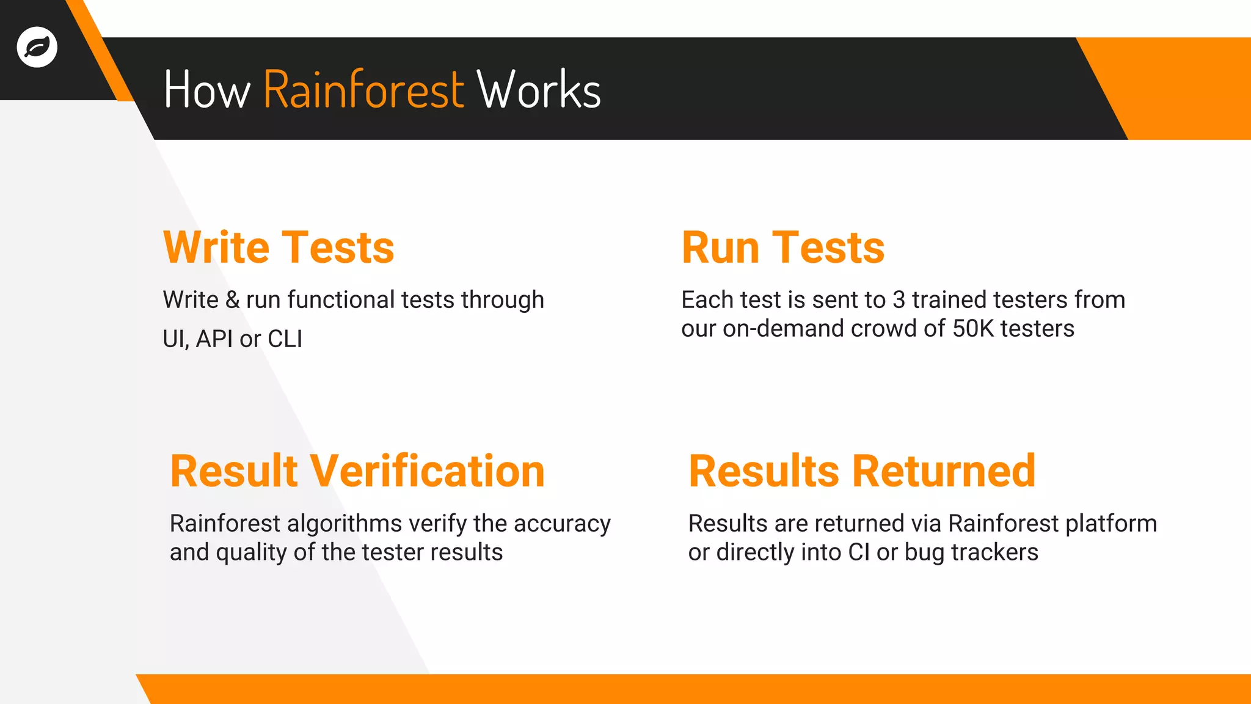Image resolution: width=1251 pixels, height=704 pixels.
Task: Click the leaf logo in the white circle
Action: click(37, 47)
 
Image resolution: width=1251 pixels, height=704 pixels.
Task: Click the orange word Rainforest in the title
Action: click(363, 90)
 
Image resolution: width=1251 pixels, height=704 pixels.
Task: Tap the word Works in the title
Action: click(539, 90)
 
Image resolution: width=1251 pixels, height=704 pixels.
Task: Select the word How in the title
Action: click(207, 90)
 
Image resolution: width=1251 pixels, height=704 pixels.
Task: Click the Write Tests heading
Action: click(279, 248)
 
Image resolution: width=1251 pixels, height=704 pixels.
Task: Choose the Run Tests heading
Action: click(782, 248)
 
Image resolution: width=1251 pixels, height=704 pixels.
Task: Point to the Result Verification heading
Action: click(357, 471)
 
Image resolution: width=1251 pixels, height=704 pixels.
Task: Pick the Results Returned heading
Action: click(862, 471)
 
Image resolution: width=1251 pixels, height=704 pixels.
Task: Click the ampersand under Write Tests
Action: click(232, 300)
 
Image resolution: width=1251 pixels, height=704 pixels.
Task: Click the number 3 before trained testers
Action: click(899, 300)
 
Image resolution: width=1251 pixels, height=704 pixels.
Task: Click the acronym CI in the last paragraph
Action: click(859, 552)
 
